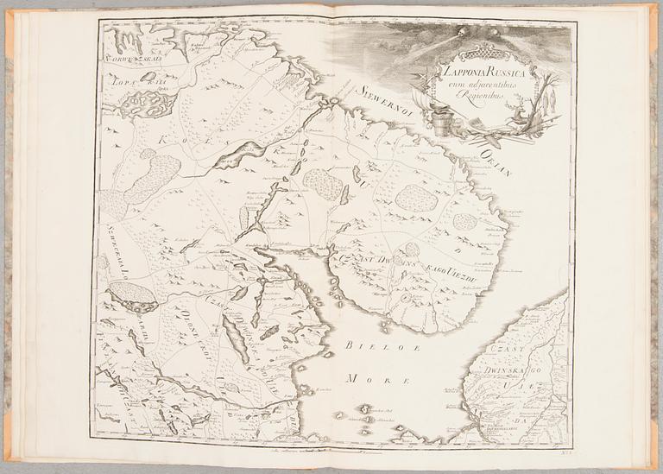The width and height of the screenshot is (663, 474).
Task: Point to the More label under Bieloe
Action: click(363, 377)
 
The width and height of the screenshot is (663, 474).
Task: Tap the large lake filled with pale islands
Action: click(146, 103)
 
